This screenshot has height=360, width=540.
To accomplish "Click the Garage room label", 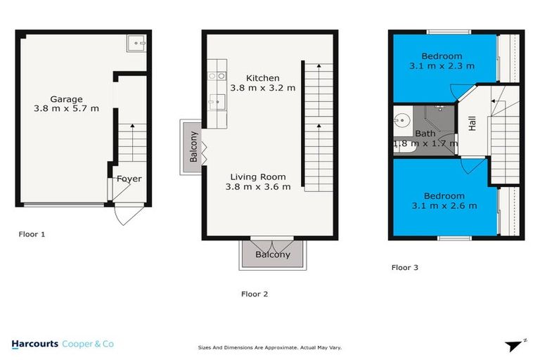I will click(x=66, y=104).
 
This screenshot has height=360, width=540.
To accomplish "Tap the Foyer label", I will click(x=129, y=179).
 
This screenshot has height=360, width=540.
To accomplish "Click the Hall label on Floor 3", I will click(x=472, y=124).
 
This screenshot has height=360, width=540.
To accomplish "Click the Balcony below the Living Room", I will click(x=272, y=255).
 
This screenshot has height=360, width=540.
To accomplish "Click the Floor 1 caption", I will click(x=32, y=234).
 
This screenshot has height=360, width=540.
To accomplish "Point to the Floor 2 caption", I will click(x=254, y=294).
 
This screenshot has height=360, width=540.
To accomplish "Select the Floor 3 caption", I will click(x=405, y=267).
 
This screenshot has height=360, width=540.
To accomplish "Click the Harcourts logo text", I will click(x=35, y=344).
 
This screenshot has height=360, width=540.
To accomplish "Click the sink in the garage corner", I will click(x=136, y=44).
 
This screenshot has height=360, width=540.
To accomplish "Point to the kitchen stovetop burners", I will click(x=216, y=76).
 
